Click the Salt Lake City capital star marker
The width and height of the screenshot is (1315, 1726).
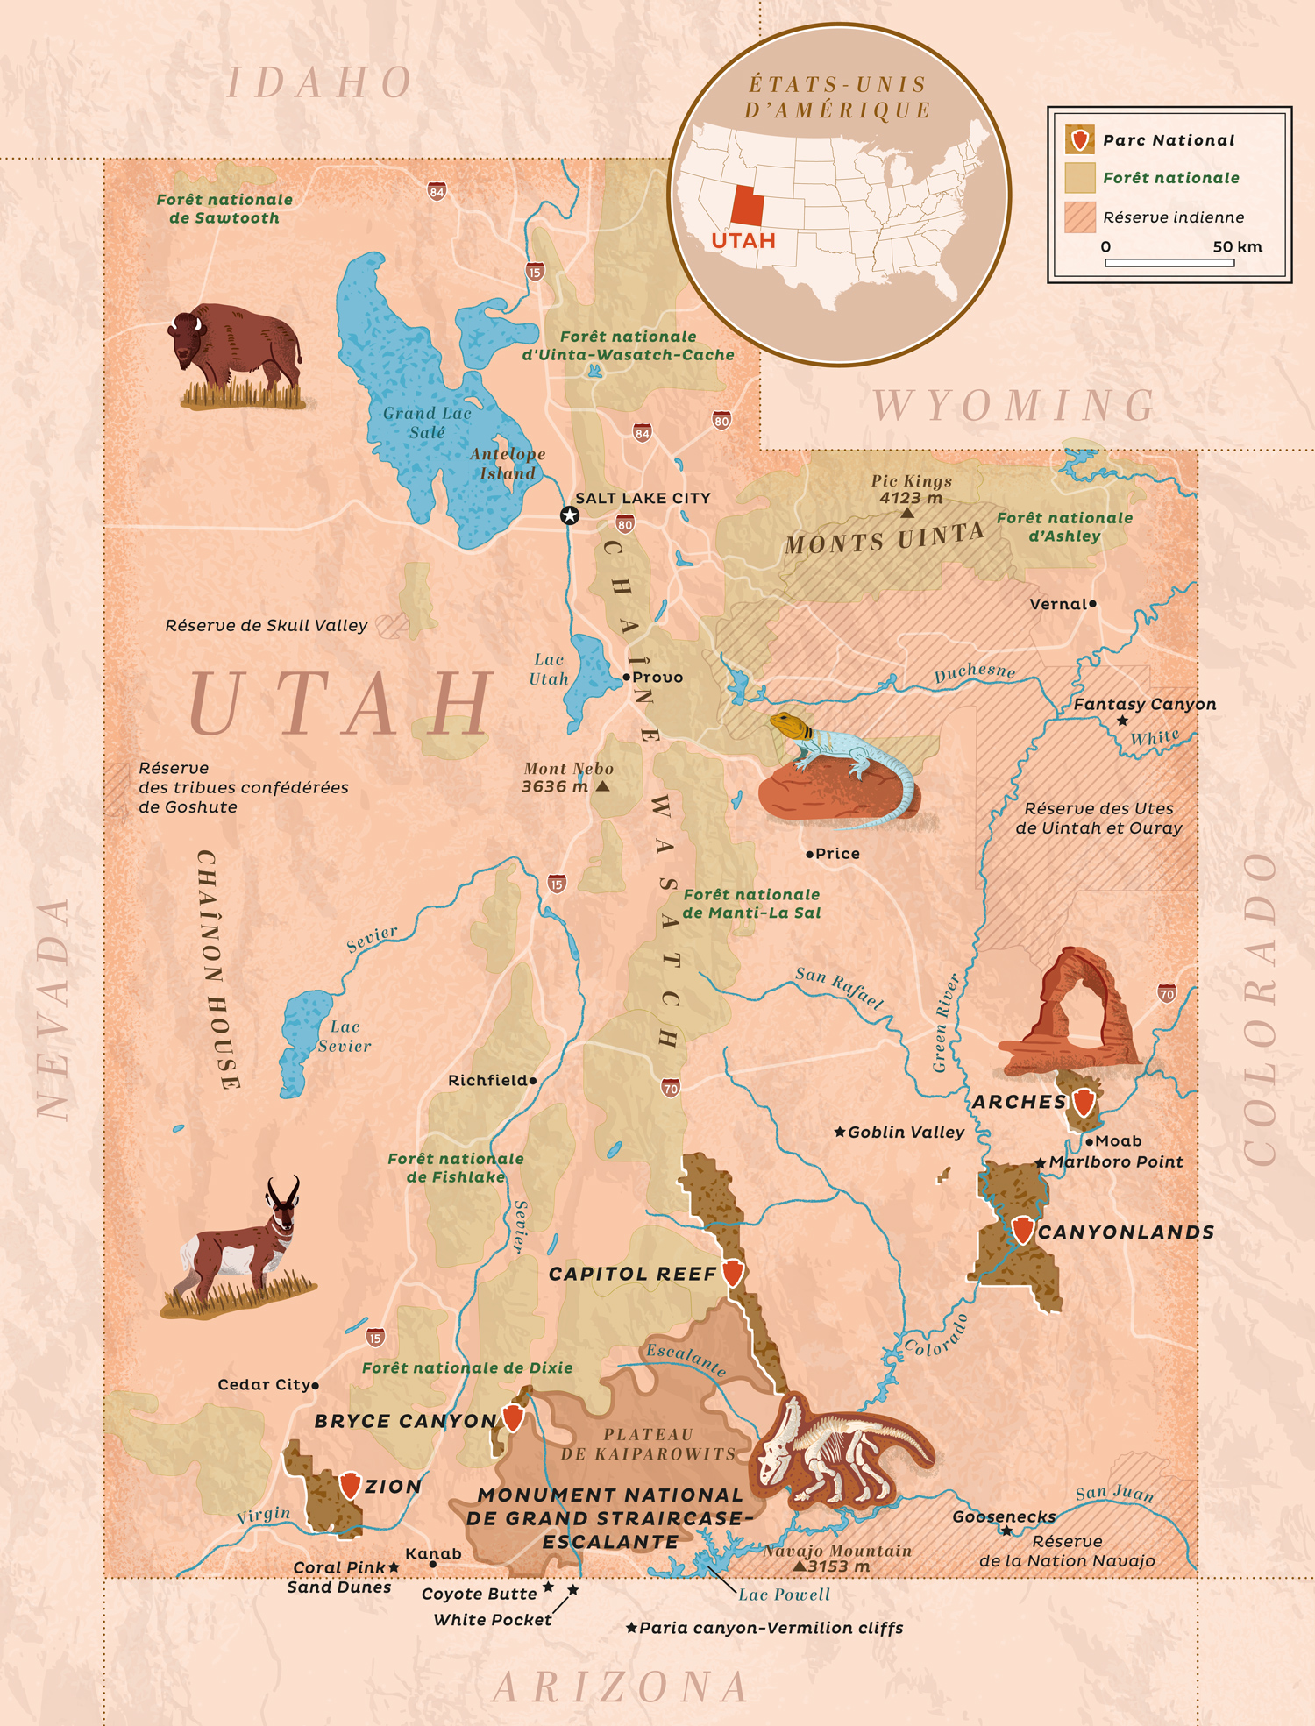coord(570,515)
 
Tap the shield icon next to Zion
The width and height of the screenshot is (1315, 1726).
coord(350,1485)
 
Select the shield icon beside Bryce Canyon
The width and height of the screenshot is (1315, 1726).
coord(513,1417)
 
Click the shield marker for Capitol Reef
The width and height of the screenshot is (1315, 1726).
coord(733,1273)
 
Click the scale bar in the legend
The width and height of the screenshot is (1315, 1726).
coord(1169,262)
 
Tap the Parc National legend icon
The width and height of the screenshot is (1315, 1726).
coord(1080,139)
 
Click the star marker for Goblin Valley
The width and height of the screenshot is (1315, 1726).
coord(839,1132)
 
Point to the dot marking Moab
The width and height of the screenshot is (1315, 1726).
coord(1089,1141)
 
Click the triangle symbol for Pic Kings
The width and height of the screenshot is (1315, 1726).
coord(907,513)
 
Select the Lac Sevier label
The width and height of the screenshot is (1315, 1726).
coord(345,1036)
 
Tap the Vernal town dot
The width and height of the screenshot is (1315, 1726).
coord(1092,604)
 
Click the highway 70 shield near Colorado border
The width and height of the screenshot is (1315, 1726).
coord(1167,993)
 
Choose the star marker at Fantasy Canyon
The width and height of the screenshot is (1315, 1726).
coord(1122,721)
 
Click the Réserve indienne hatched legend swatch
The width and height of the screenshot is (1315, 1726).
coord(1080,217)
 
